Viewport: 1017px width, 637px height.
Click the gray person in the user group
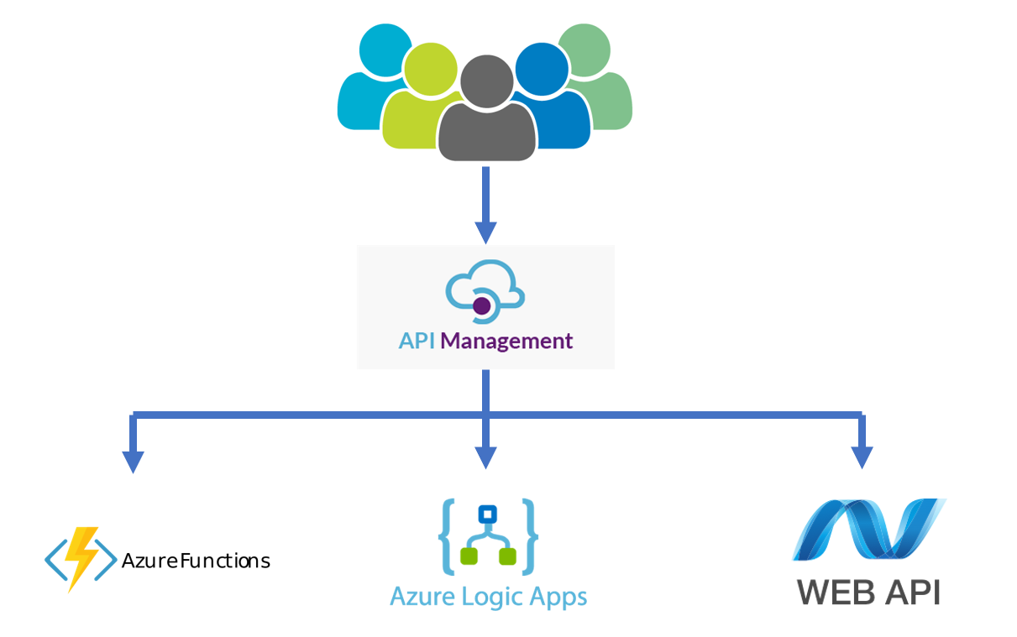[x=486, y=117]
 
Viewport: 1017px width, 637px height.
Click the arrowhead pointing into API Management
[x=485, y=232]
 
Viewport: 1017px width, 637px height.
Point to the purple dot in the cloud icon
[x=482, y=306]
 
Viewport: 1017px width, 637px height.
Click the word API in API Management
[x=417, y=342]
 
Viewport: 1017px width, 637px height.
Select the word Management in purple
[x=506, y=342]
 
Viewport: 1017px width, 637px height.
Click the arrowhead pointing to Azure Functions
[x=133, y=462]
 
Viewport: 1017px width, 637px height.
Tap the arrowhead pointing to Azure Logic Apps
[x=485, y=457]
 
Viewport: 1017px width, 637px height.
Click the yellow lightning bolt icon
[x=81, y=557]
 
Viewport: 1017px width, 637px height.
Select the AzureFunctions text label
[x=196, y=561]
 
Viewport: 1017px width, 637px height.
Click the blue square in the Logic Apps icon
[x=485, y=514]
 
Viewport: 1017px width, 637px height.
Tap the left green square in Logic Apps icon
[x=469, y=556]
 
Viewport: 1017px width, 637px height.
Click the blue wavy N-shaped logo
[x=869, y=530]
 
